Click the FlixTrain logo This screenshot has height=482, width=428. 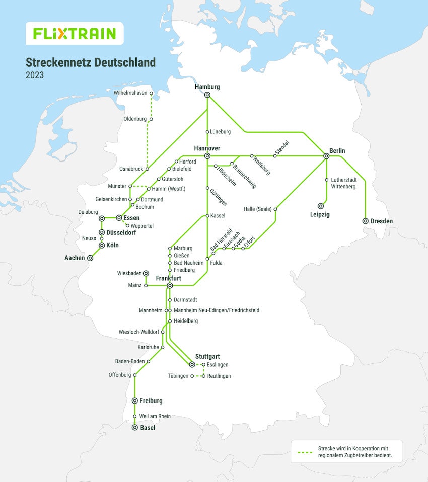pyautogui.click(x=75, y=34)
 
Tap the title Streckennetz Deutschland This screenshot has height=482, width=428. pyautogui.click(x=91, y=62)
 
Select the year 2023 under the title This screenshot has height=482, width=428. pyautogui.click(x=35, y=75)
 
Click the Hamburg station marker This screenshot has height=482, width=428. pyautogui.click(x=207, y=95)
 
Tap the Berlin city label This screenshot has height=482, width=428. pyautogui.click(x=337, y=150)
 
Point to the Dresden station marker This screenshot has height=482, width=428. pyautogui.click(x=366, y=221)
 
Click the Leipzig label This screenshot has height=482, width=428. pyautogui.click(x=320, y=215)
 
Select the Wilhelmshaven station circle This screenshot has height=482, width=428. pyautogui.click(x=151, y=93)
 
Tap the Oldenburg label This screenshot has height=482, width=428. pyautogui.click(x=134, y=119)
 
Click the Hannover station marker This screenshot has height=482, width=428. pyautogui.click(x=207, y=156)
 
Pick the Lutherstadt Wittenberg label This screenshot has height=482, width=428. pyautogui.click(x=343, y=183)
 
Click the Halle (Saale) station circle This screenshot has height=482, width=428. pyautogui.click(x=275, y=209)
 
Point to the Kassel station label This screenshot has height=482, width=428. pyautogui.click(x=218, y=215)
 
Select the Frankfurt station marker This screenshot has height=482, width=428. pyautogui.click(x=170, y=285)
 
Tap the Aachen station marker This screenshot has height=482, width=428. pyautogui.click(x=90, y=258)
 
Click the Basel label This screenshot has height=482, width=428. pyautogui.click(x=148, y=428)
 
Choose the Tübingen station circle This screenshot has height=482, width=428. pyautogui.click(x=192, y=376)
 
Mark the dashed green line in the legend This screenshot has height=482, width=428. pyautogui.click(x=305, y=451)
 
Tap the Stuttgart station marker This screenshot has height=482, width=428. pyautogui.click(x=192, y=364)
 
